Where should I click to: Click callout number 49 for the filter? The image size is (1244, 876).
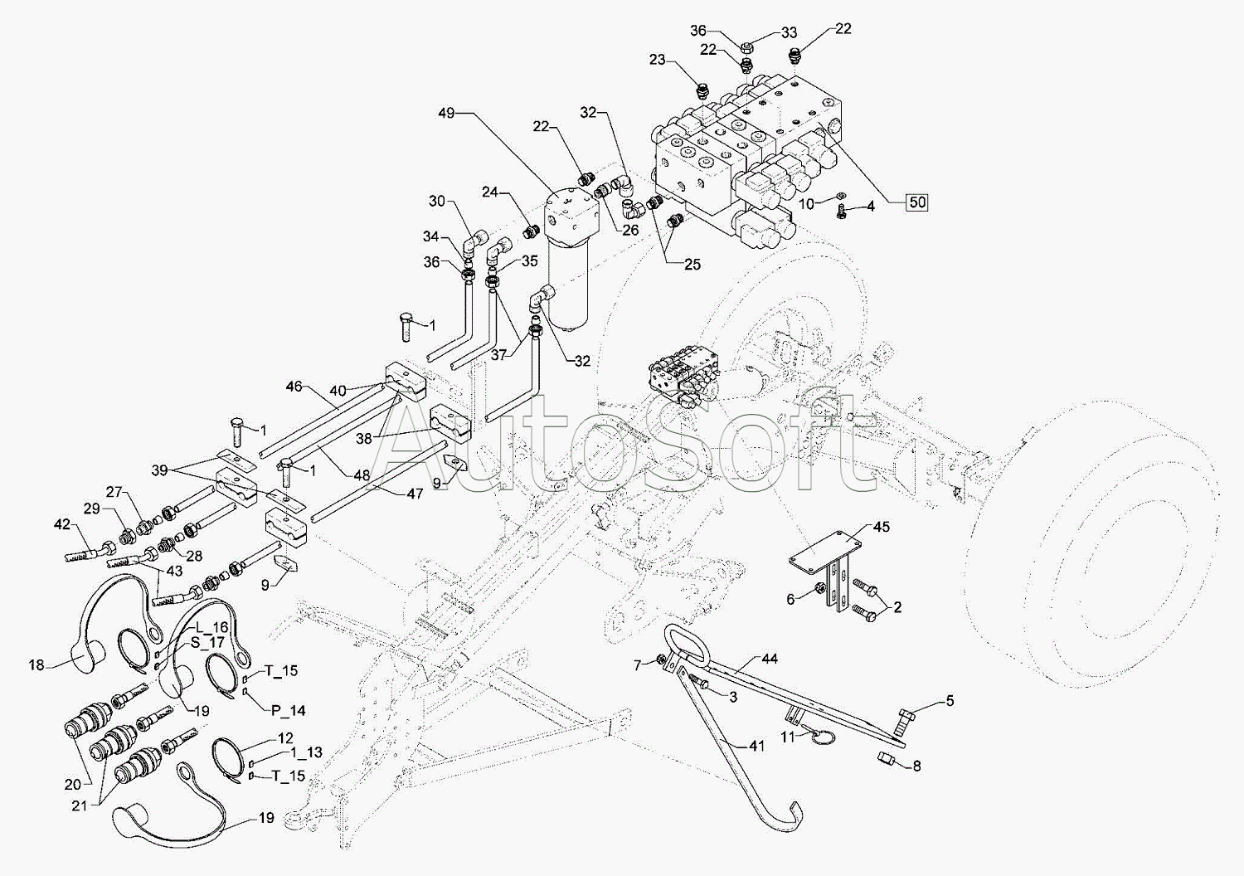pos(446,114)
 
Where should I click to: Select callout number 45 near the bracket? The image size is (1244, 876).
pos(881,528)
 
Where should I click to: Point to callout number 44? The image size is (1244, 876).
pos(770,659)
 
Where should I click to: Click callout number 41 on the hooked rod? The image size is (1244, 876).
pos(756,746)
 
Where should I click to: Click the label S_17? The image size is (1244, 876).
pos(207,643)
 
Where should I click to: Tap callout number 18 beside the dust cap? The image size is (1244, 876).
pos(36,664)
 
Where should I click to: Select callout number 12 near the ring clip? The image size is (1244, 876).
pos(284,737)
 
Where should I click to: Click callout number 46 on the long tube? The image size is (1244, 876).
pos(294,387)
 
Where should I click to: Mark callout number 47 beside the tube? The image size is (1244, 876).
pos(415,494)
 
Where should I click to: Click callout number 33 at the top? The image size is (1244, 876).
pos(788,32)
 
